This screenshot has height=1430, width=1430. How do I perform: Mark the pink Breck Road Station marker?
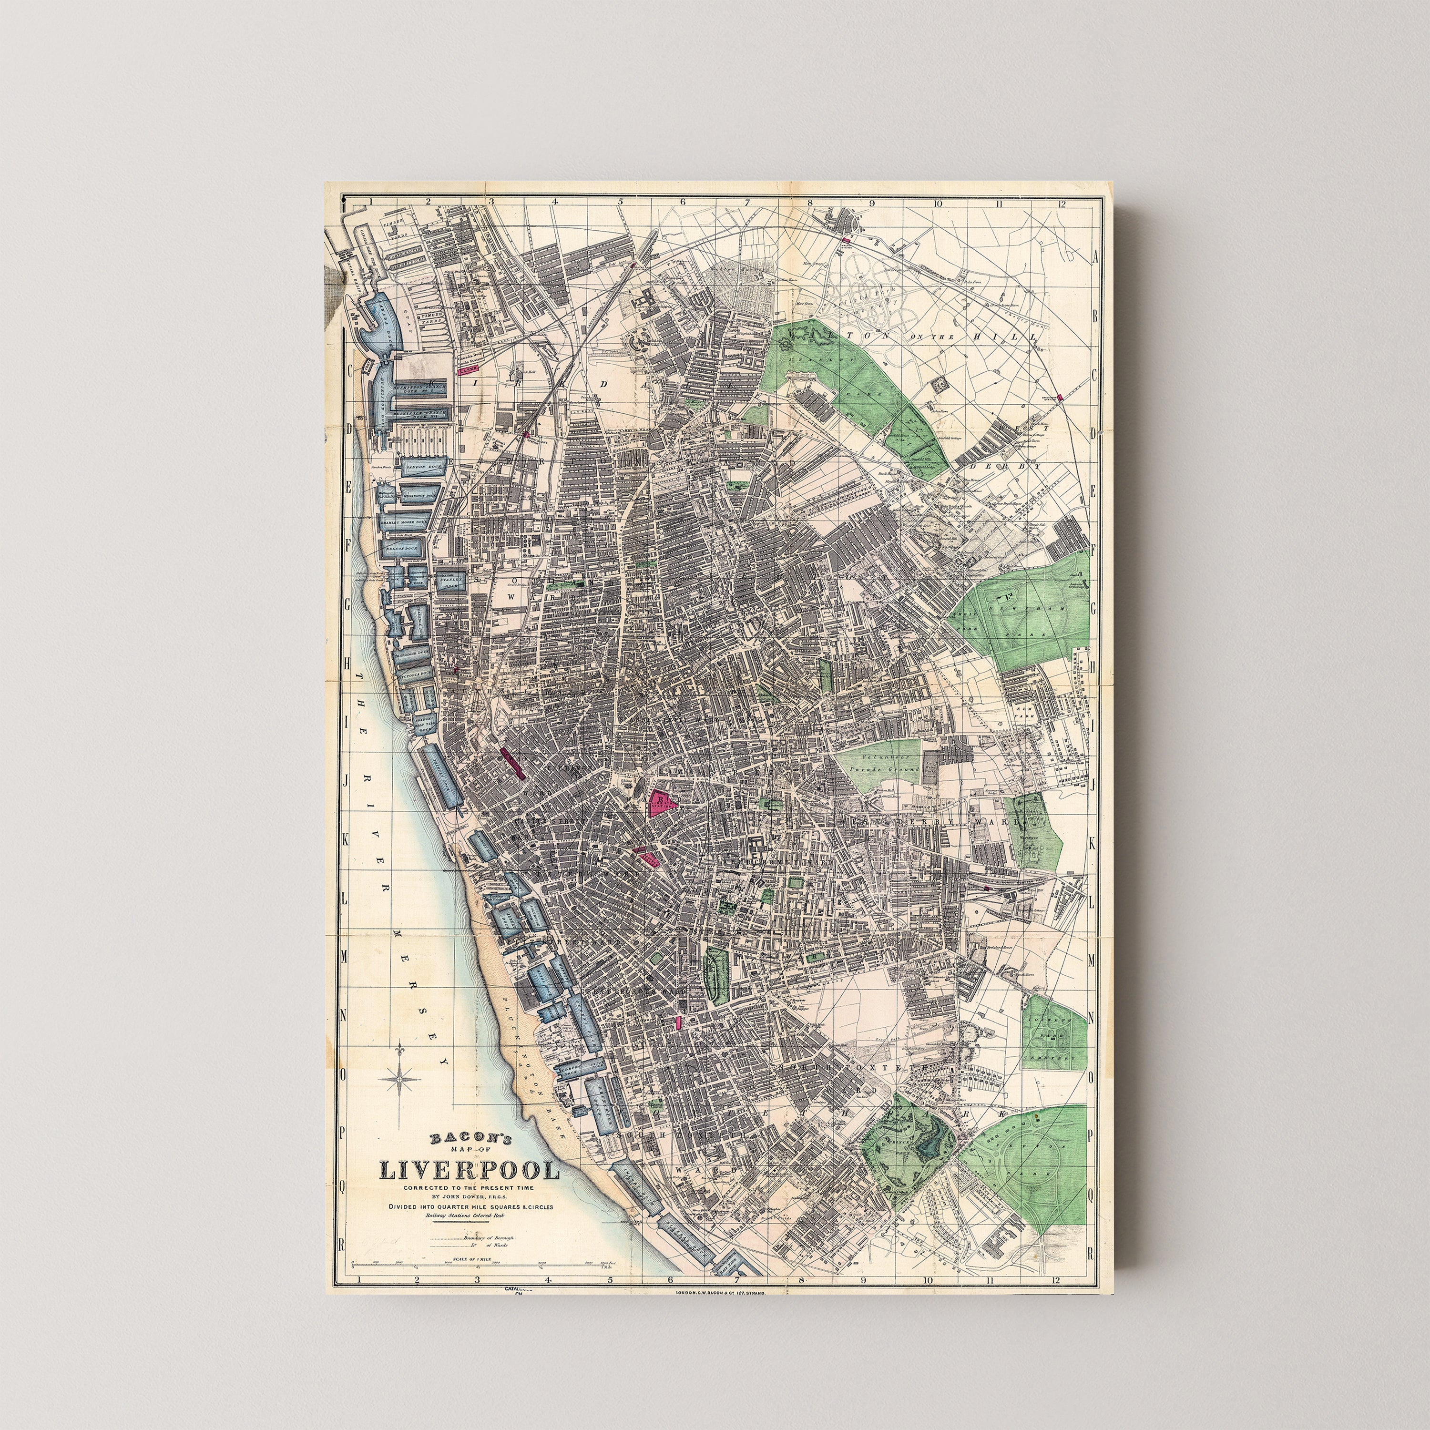click(1061, 398)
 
